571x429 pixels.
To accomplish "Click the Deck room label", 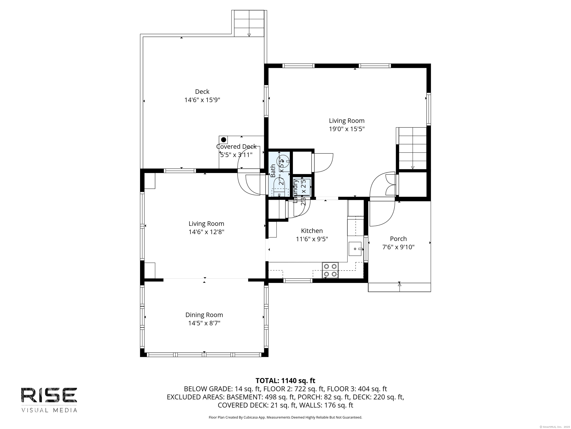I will point(202,92).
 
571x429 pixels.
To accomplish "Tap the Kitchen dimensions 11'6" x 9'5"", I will point(312,239).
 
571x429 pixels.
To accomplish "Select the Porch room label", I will point(398,239).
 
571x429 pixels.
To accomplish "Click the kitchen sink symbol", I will point(355,249).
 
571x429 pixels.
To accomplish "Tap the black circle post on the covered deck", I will point(224,140).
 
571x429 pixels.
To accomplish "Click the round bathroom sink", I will point(282,161).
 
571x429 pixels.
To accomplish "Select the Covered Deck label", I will point(236,147).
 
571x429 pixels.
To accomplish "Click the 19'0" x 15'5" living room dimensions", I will point(346,129).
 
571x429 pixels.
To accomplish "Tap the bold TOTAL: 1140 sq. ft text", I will point(285,381).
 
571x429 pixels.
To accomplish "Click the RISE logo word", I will point(49,395).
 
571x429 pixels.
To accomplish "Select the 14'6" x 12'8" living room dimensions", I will point(206,232).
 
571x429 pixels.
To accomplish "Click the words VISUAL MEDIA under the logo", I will point(49,410).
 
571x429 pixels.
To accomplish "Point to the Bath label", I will point(273,171).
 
